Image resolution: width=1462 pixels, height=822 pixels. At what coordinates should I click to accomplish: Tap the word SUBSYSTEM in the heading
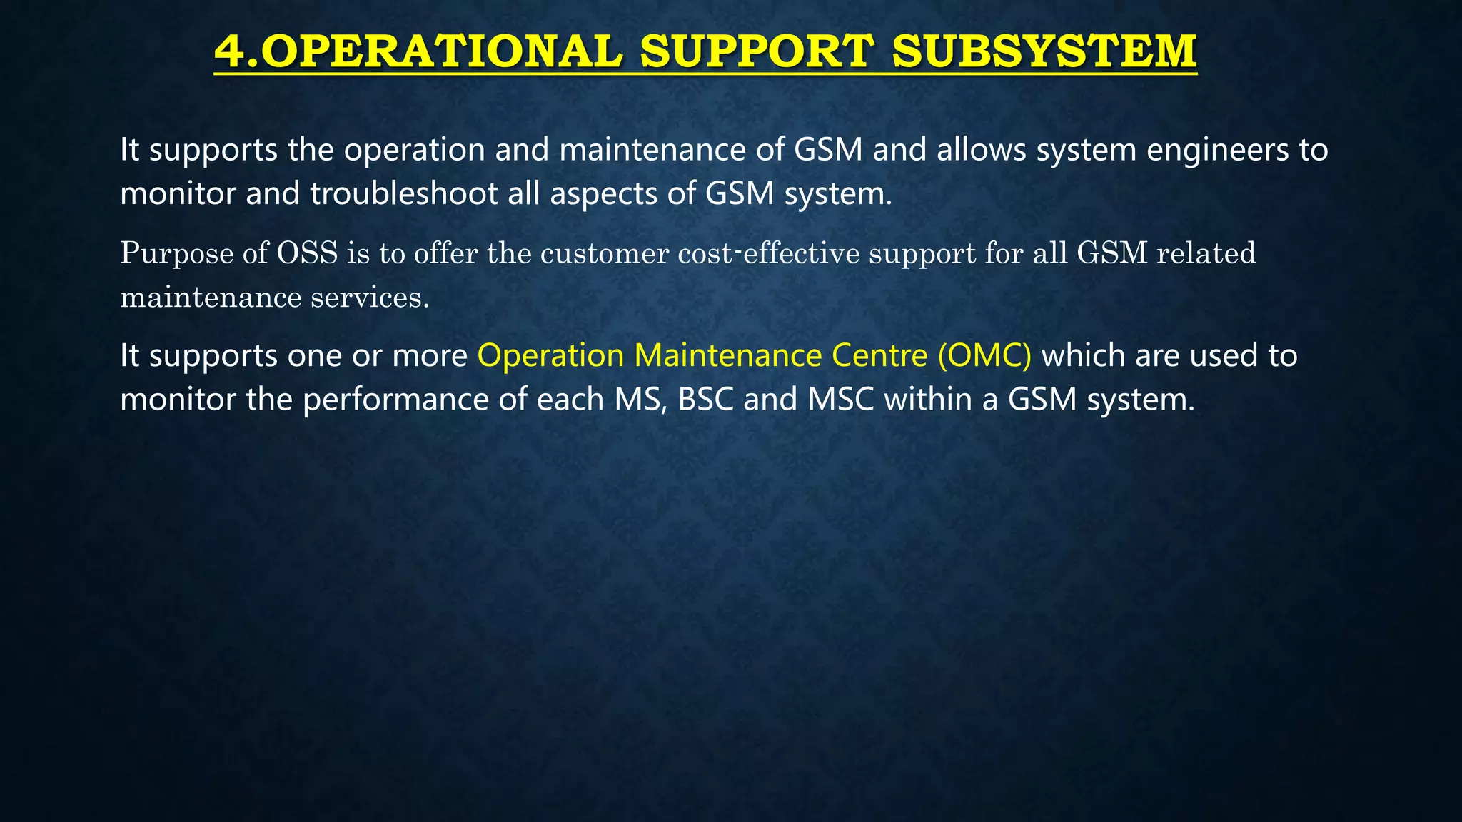click(x=1044, y=51)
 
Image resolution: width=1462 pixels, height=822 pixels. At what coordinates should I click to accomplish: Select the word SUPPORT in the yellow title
click(x=757, y=51)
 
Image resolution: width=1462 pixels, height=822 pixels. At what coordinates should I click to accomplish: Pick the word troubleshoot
click(x=404, y=193)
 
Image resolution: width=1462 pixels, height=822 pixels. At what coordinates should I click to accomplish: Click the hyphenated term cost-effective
click(x=769, y=253)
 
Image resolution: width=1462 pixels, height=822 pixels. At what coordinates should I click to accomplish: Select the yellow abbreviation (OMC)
click(x=984, y=355)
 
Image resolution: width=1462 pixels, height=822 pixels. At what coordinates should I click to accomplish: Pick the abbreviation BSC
click(x=705, y=399)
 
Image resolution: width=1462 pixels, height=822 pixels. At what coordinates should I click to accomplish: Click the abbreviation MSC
click(x=841, y=399)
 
